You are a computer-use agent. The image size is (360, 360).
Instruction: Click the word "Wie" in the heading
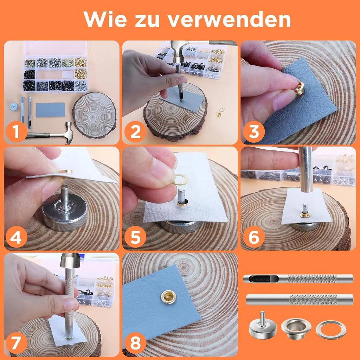[x=105, y=19]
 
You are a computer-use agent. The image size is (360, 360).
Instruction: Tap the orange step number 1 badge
[x=16, y=131]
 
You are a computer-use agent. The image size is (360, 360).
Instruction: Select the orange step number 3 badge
[x=253, y=131]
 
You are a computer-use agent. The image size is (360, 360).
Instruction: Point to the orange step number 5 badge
[x=135, y=237]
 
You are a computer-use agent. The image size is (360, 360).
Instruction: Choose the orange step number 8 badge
[x=135, y=343]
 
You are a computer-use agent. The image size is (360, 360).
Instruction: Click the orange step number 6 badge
[x=253, y=237]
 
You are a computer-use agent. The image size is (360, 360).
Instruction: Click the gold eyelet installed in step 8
[x=168, y=297]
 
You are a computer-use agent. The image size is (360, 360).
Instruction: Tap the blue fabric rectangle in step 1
[x=50, y=110]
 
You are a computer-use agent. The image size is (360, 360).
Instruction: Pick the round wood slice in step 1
[x=94, y=115]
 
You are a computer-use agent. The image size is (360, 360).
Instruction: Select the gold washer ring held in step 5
[x=180, y=180]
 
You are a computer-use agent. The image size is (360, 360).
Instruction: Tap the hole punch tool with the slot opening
[x=298, y=279]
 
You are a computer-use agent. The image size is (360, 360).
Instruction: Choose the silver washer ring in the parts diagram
[x=331, y=330]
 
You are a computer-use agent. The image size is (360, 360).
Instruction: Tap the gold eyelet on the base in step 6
[x=305, y=215]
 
